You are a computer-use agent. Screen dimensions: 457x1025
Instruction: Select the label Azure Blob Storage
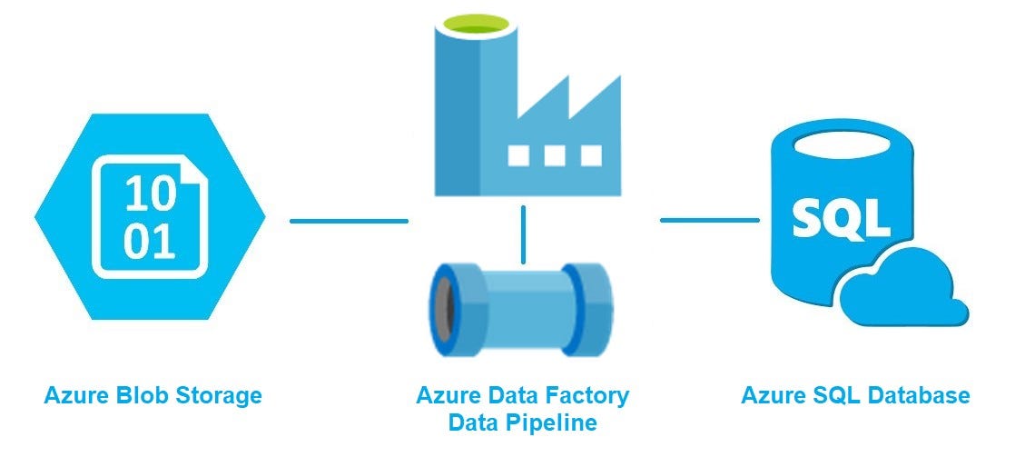click(153, 396)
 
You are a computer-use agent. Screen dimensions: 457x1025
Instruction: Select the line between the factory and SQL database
click(709, 220)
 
